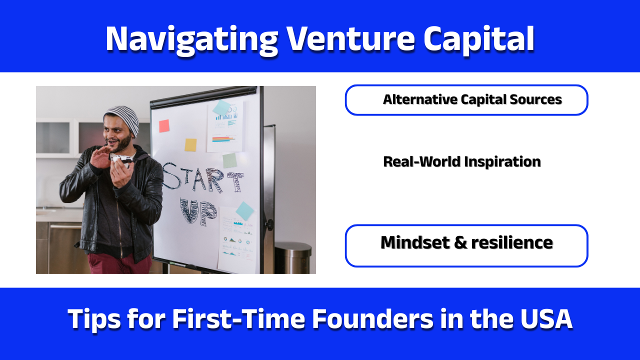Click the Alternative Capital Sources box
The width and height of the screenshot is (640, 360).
tap(466, 100)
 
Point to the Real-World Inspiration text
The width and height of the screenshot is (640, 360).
tap(461, 162)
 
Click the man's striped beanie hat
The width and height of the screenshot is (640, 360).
tap(122, 118)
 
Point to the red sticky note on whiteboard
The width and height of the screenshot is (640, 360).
tap(164, 126)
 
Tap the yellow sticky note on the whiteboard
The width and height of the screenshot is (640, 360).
tap(190, 145)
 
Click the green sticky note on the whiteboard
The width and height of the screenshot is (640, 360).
tap(229, 160)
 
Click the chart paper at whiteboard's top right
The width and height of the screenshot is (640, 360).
tap(225, 126)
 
